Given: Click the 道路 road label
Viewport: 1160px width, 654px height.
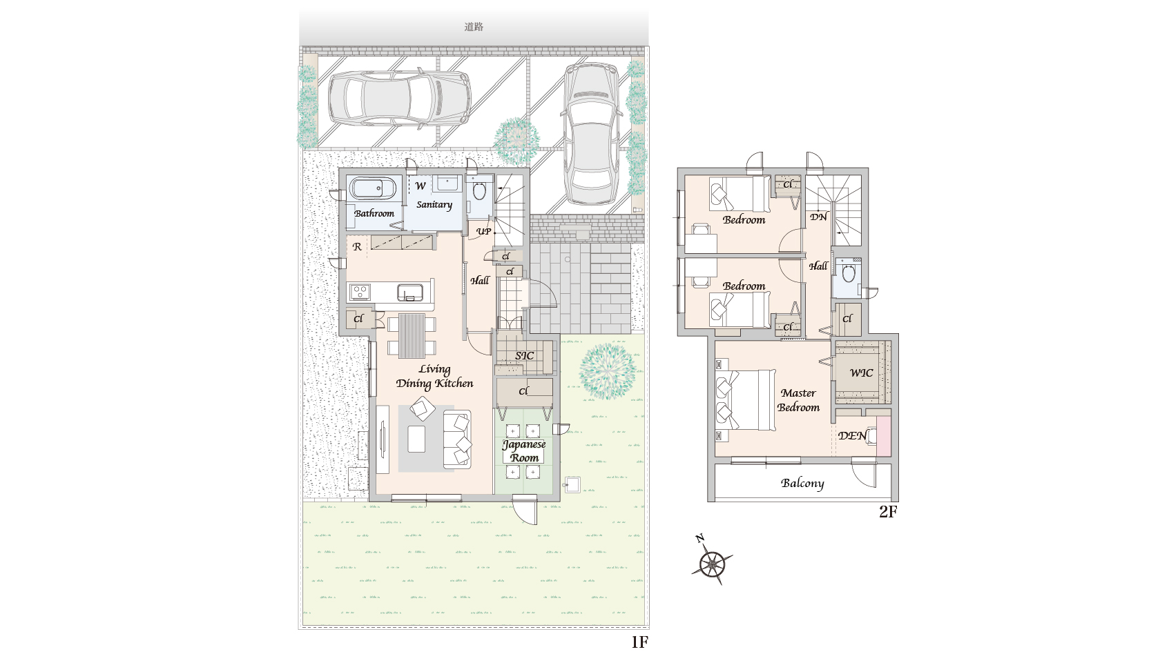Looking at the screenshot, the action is click(474, 27).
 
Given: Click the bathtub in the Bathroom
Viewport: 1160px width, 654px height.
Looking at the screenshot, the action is click(372, 188).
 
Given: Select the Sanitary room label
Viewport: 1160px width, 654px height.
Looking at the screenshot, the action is click(434, 205).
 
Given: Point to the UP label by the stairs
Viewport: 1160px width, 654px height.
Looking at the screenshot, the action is click(483, 231).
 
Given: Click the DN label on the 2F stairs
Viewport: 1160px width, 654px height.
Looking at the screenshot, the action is click(819, 217).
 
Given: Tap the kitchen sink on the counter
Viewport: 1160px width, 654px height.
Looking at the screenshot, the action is click(410, 293).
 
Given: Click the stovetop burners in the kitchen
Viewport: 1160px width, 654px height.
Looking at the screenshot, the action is click(359, 292).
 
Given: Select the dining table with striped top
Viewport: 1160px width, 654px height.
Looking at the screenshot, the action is click(412, 335).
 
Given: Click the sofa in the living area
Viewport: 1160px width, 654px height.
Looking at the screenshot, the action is click(457, 439).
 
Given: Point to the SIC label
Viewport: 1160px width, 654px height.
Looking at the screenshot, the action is click(524, 356).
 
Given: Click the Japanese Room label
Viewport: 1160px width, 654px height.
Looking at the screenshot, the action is click(524, 450).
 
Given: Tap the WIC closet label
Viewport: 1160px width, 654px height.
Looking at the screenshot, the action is click(861, 373).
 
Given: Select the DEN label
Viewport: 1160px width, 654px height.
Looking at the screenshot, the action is click(852, 436).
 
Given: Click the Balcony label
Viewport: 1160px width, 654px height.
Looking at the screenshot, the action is click(802, 483).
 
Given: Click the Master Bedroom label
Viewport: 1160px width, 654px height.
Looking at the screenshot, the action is click(798, 400).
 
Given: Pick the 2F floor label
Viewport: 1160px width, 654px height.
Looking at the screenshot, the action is click(888, 512).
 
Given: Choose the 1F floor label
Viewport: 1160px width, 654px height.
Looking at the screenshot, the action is click(639, 642).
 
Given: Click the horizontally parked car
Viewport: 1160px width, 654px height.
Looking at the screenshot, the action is click(399, 98).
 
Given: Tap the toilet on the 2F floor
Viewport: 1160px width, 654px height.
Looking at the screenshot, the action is click(848, 272).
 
